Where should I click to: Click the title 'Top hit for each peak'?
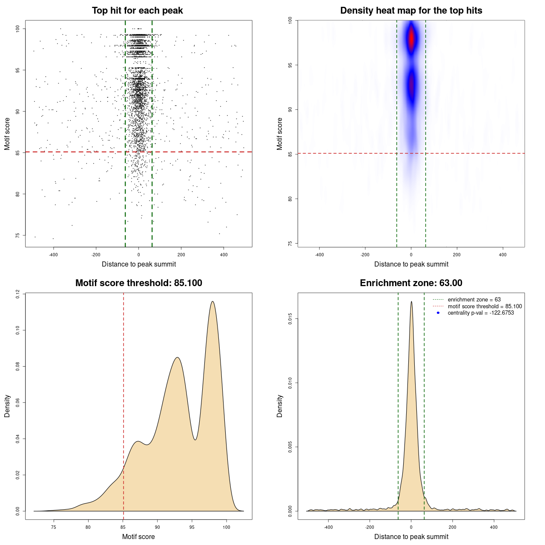(x=137, y=11)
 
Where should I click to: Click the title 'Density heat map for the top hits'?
(x=411, y=11)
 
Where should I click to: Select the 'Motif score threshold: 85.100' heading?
(x=138, y=283)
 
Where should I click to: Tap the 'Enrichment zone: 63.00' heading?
(x=411, y=283)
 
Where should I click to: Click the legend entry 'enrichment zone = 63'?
(x=474, y=300)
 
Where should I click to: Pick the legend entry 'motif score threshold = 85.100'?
(x=485, y=306)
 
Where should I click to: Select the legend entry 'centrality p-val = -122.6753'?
(x=481, y=313)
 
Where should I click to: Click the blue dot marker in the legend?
(x=438, y=313)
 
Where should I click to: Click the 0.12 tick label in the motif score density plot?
(x=18, y=294)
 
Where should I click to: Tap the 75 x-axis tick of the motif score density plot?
(x=54, y=527)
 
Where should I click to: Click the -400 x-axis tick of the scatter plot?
(x=53, y=255)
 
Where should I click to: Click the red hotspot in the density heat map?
(x=411, y=38)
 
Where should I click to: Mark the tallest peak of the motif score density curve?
(x=212, y=301)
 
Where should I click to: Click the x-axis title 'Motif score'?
(x=138, y=536)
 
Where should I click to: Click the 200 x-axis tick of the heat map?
(x=457, y=255)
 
